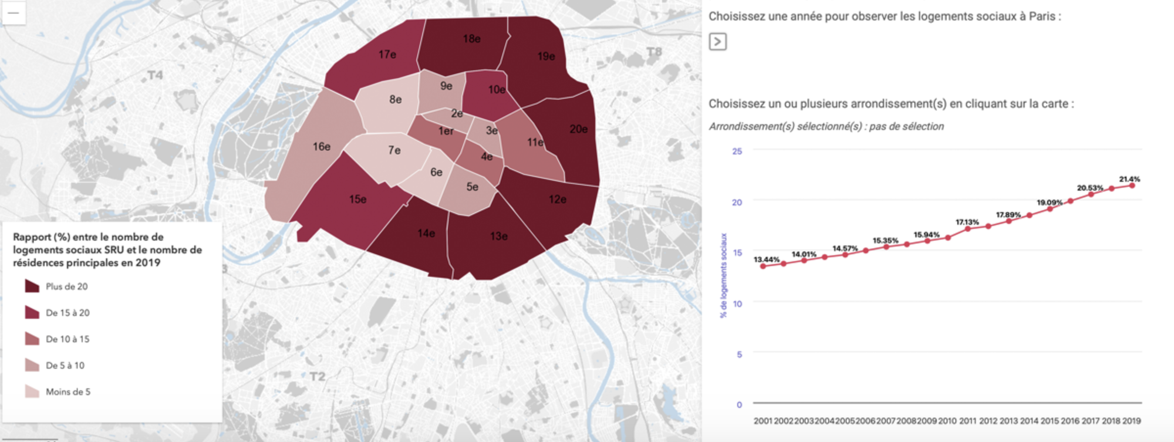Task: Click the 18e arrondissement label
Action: point(471,39)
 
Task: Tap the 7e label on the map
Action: point(394,151)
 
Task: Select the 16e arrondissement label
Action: point(321,147)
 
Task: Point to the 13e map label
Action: point(499,237)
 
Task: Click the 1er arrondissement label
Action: point(446,131)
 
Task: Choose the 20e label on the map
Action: point(578,129)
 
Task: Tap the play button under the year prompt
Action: point(717,42)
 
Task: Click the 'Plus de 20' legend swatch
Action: point(32,286)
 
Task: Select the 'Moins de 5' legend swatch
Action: point(32,392)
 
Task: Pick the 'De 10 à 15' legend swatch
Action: point(32,339)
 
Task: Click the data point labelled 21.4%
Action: point(1132,185)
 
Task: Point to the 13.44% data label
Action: point(767,259)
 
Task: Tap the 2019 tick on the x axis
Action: point(1131,421)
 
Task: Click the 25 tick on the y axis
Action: point(737,151)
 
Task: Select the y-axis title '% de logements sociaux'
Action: point(724,275)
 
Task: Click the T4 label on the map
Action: point(155,75)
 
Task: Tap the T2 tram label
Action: point(317,376)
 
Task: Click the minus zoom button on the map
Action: point(13,12)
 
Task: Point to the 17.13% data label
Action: point(967,222)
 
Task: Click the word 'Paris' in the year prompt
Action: point(1042,16)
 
